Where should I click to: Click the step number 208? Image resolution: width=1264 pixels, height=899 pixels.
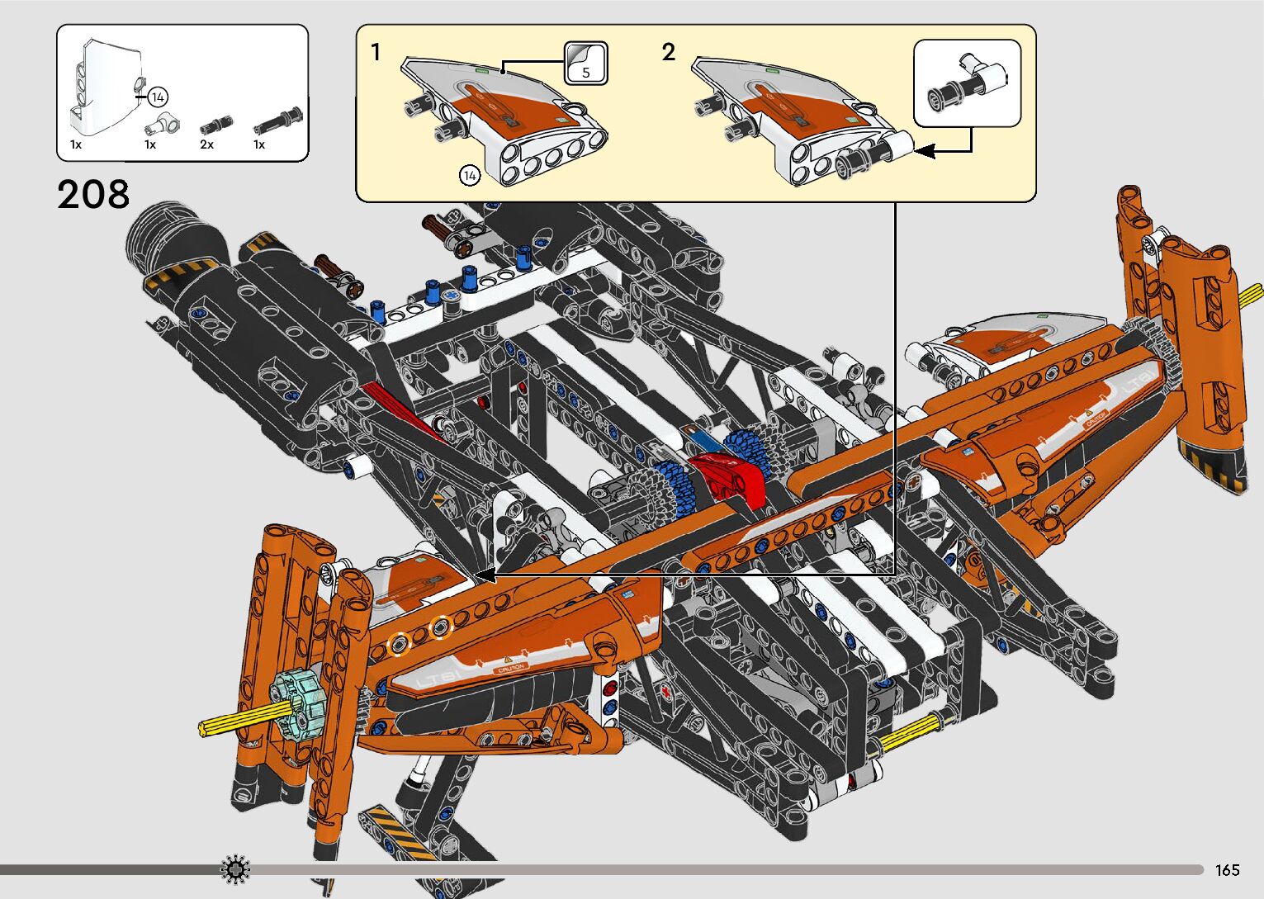tap(93, 195)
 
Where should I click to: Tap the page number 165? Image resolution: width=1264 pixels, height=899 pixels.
tap(1227, 870)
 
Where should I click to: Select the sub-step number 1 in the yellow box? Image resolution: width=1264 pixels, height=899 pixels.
tap(376, 53)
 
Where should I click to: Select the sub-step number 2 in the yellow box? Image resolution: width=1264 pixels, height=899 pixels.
tap(668, 53)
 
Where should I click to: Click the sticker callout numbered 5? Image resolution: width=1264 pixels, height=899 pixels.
tap(586, 64)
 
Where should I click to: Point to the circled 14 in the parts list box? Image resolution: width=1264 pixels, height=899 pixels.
tap(158, 97)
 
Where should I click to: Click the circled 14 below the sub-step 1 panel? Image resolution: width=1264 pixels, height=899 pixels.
tap(470, 175)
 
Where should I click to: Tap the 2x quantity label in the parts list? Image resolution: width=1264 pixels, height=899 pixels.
tap(206, 144)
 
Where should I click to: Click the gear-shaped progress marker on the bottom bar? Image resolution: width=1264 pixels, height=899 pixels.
tap(236, 869)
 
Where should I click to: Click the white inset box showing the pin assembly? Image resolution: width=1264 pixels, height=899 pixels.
tap(967, 83)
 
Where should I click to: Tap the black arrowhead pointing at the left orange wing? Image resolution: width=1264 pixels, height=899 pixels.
tap(485, 575)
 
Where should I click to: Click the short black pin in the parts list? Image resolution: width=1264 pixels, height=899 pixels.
tap(213, 125)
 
